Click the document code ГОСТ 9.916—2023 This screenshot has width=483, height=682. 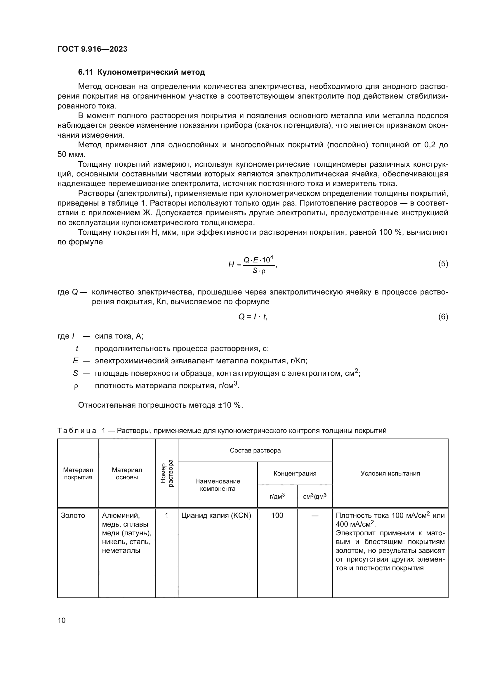(x=92, y=49)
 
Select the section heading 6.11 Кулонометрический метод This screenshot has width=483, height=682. (x=141, y=72)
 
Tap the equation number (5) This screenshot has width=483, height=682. (x=443, y=264)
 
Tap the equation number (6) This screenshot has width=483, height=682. (x=443, y=317)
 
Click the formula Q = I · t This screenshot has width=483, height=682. (x=253, y=317)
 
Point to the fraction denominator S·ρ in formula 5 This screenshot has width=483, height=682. (x=258, y=271)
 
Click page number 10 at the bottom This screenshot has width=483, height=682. (x=62, y=620)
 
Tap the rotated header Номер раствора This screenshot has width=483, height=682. (x=166, y=473)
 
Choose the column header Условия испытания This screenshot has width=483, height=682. (x=390, y=474)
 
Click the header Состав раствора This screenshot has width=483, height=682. (x=255, y=450)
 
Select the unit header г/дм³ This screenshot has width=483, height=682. (x=277, y=496)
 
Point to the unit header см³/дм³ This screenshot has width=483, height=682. (x=315, y=496)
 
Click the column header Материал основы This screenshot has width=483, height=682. (x=127, y=474)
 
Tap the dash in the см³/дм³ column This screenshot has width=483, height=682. (x=315, y=516)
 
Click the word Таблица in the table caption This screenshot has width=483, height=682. (x=77, y=431)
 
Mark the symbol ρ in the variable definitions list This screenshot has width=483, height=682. (x=76, y=386)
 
